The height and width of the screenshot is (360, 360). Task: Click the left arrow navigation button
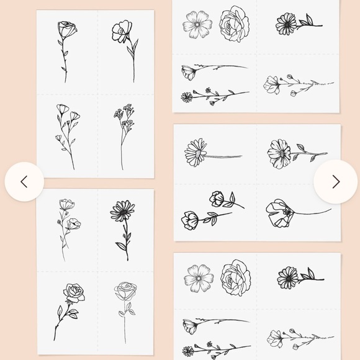[x=24, y=181]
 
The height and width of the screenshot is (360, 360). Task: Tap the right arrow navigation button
[x=336, y=181]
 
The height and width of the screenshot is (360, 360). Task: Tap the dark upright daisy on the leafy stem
[x=122, y=227]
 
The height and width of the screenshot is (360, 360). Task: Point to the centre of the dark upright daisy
[x=122, y=212]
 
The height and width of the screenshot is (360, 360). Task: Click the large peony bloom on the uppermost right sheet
[x=235, y=23]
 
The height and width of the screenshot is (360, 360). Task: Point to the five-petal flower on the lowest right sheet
[x=199, y=277]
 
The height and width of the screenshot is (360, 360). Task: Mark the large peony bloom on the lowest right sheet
[x=236, y=277]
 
